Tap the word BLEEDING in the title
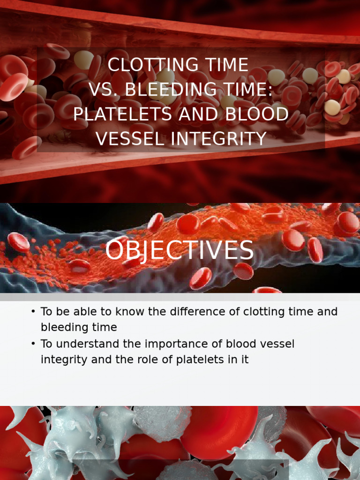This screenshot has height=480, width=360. [168, 89]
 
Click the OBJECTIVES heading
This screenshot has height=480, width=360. [179, 250]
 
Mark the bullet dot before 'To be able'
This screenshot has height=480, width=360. [33, 312]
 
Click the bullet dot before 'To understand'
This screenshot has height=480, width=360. [33, 344]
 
